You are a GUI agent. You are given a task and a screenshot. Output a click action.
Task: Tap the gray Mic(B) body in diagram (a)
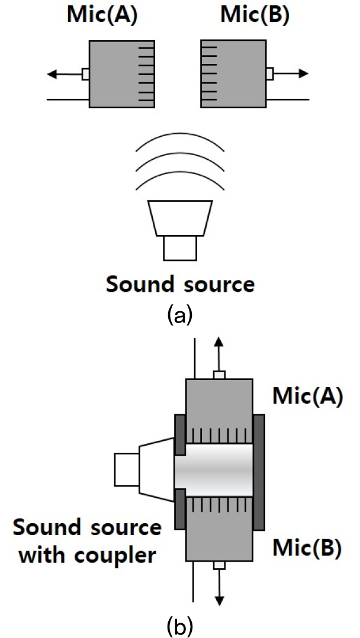click(x=237, y=74)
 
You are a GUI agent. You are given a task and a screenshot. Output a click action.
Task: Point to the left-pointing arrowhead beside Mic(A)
click(x=52, y=74)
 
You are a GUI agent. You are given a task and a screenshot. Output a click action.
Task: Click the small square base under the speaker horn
click(x=180, y=247)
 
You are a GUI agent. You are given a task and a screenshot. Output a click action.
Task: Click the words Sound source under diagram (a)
click(x=180, y=285)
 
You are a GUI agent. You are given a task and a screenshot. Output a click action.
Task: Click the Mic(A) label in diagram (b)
click(x=307, y=397)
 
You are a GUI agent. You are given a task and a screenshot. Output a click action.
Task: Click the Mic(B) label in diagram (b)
click(x=306, y=549)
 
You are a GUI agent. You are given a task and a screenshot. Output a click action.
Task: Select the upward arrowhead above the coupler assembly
click(x=219, y=342)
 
